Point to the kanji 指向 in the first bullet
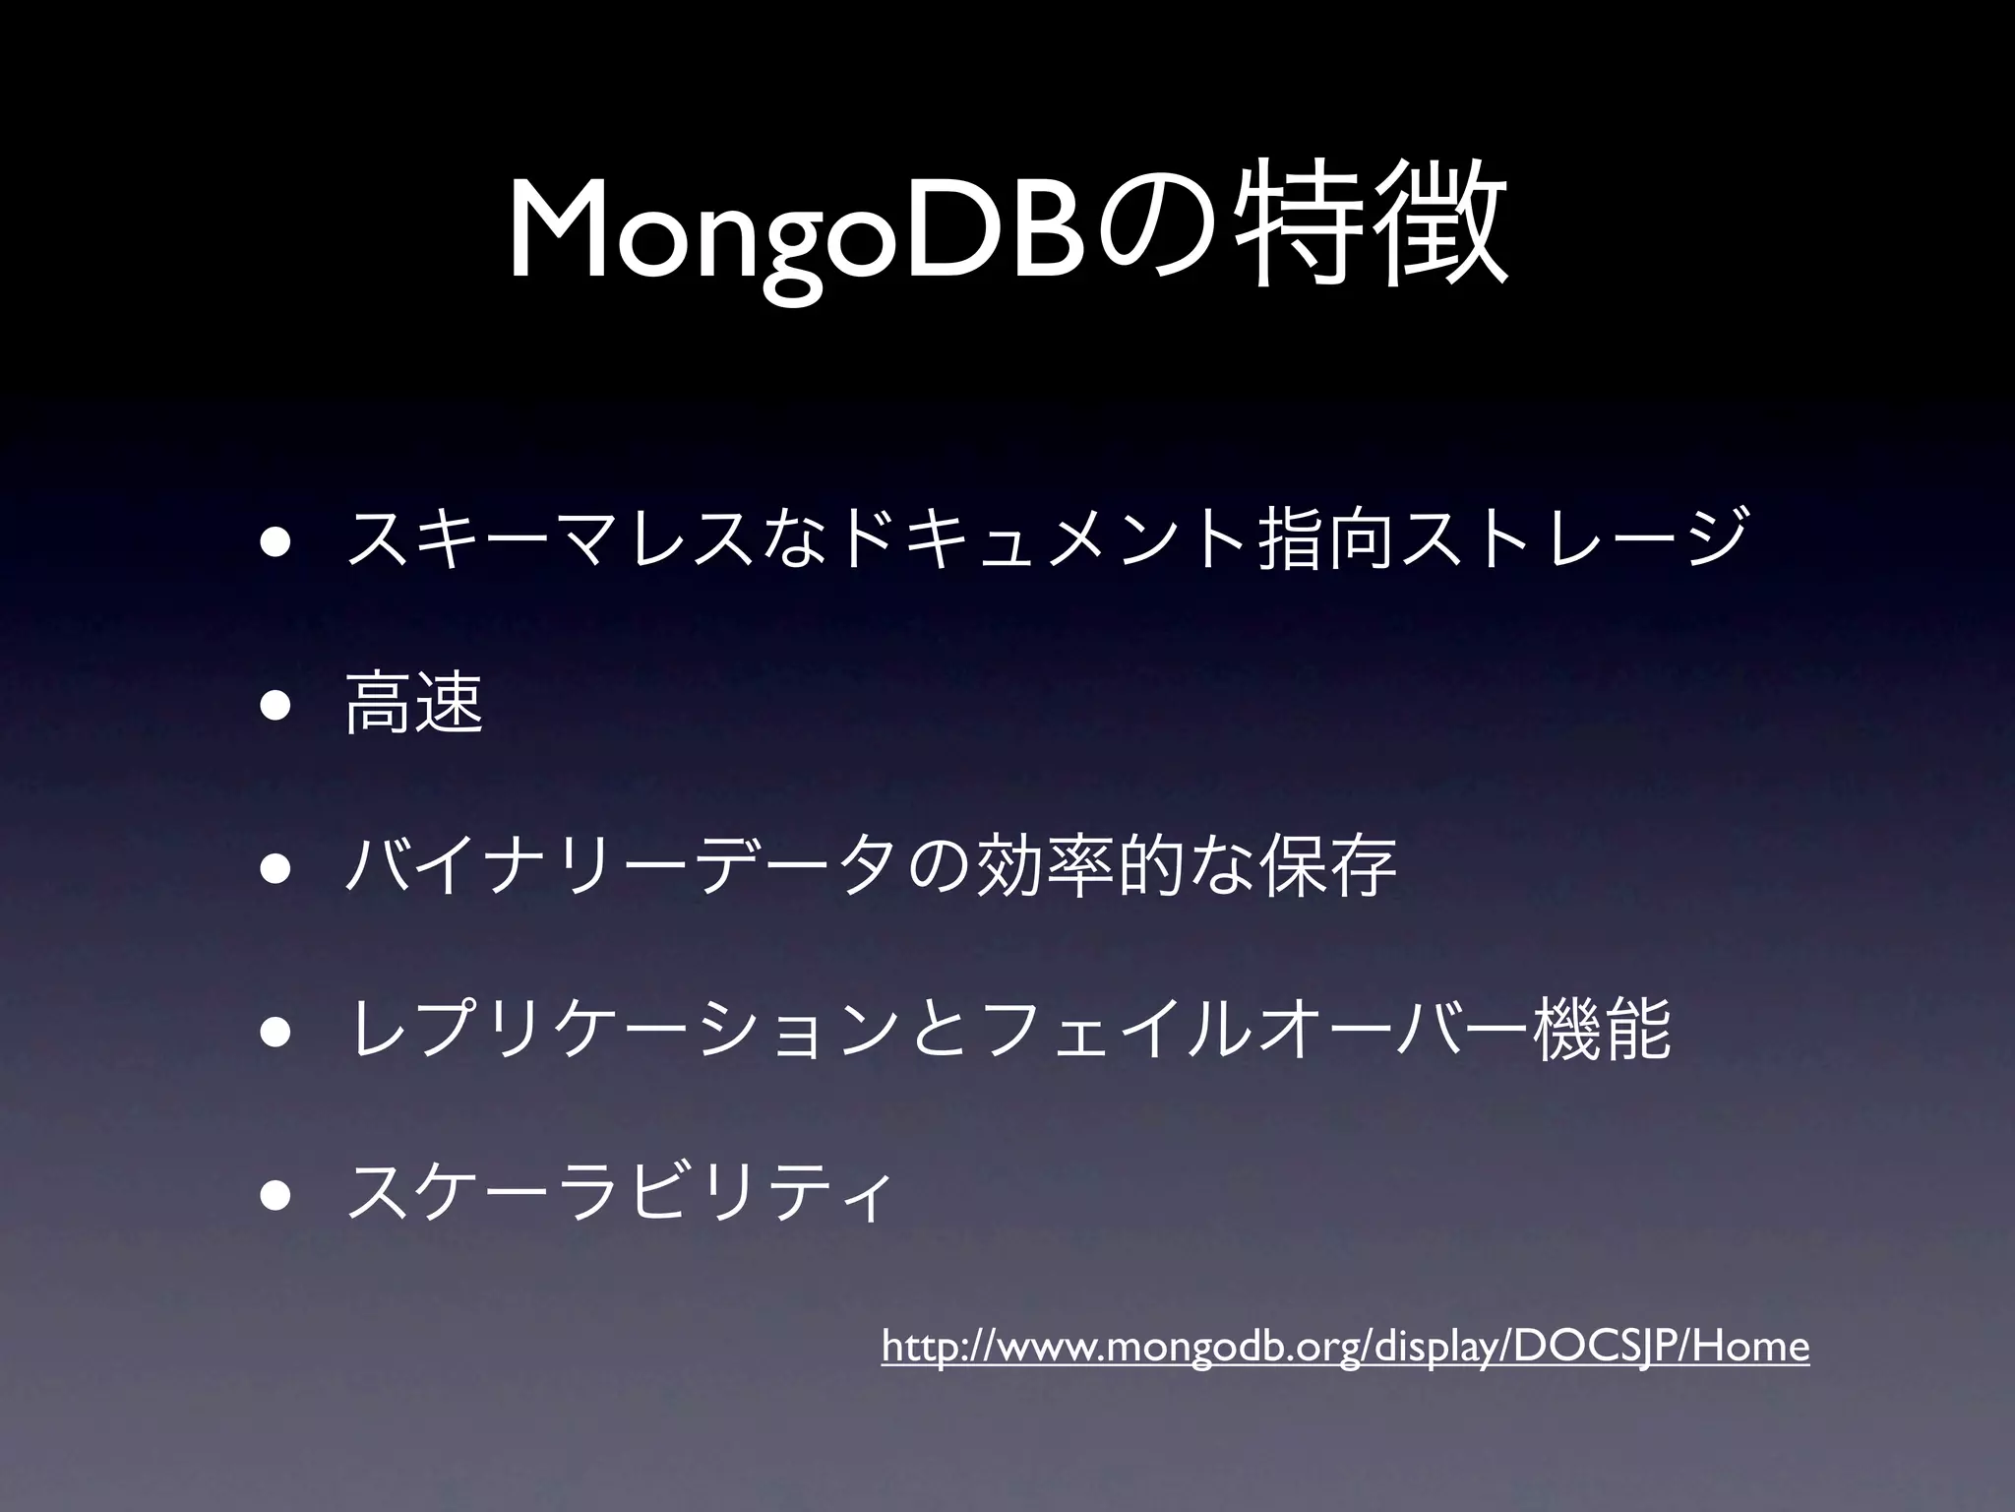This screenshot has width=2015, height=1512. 1328,539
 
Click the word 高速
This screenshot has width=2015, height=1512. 414,702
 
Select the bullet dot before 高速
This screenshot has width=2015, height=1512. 275,704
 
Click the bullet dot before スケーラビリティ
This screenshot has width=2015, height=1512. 275,1194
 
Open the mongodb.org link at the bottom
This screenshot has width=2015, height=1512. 1345,1346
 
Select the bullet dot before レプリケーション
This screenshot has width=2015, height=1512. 275,1031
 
